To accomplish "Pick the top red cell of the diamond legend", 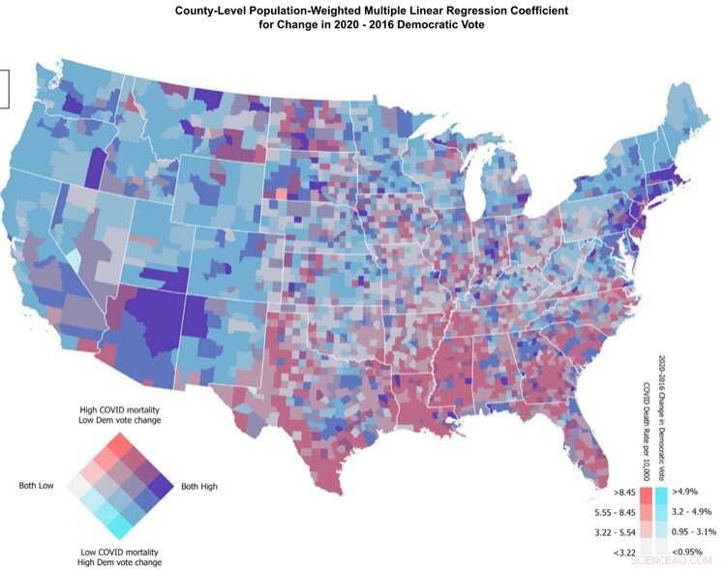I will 120,444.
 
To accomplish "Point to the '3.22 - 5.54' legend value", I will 610,534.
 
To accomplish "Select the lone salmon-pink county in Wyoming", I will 280,194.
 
